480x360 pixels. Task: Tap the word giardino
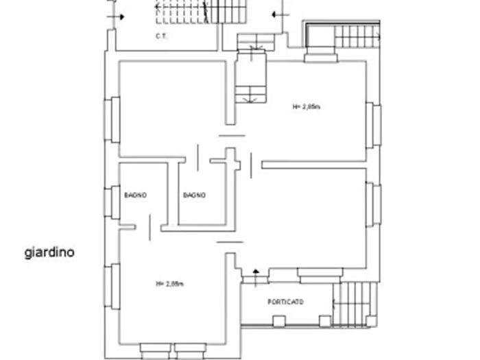coord(49,252)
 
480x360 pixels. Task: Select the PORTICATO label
coord(285,302)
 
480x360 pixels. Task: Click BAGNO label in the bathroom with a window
coord(135,195)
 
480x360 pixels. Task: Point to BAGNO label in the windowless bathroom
coord(194,195)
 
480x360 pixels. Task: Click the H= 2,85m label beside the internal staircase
coord(306,106)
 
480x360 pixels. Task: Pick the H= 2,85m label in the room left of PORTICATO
coord(169,283)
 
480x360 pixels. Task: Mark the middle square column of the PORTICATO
coord(278,320)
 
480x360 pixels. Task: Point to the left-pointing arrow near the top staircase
coord(276,14)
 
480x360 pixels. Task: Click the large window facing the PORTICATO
coord(320,274)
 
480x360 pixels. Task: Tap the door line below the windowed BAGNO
coord(149,228)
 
